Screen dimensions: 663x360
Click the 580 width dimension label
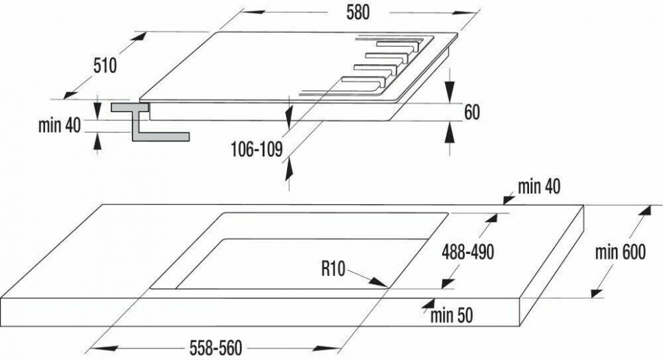click(357, 13)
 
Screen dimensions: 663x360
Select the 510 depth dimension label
click(105, 66)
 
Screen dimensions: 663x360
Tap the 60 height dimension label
click(472, 113)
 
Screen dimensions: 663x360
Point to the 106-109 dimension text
click(257, 150)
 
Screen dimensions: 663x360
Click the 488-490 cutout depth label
click(468, 253)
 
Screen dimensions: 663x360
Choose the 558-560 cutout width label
click(216, 348)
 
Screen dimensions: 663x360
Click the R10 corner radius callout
click(333, 268)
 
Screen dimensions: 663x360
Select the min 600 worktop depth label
click(621, 253)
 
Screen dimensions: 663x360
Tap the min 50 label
click(452, 316)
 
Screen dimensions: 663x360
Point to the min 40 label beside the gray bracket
click(59, 126)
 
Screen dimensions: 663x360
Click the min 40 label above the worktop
click(539, 186)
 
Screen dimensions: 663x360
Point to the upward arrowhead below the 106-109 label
click(289, 169)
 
